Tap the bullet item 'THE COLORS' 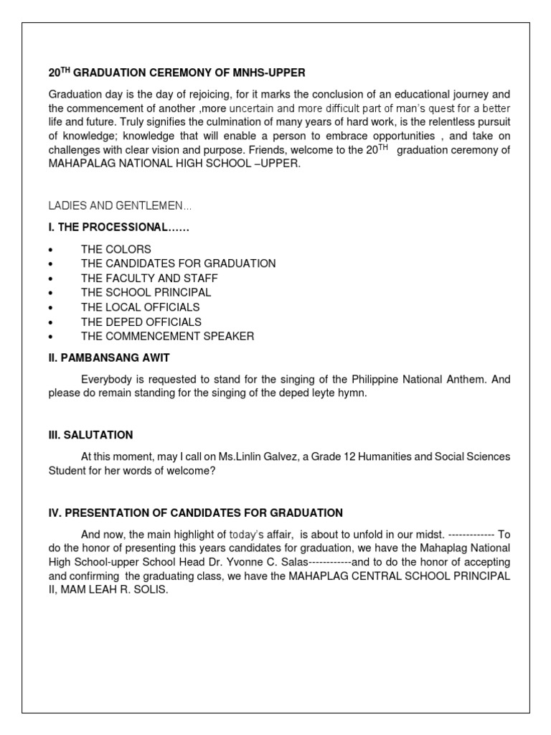116,249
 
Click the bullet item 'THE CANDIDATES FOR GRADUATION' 178,263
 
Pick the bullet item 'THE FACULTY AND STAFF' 149,278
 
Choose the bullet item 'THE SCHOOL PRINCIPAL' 146,293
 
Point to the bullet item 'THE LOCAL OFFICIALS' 140,307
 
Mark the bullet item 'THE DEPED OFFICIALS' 141,322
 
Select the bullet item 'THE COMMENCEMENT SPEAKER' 167,336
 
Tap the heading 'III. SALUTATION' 90,435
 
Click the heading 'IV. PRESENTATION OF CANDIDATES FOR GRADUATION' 195,512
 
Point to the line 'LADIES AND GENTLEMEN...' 120,206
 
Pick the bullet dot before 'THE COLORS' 51,250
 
